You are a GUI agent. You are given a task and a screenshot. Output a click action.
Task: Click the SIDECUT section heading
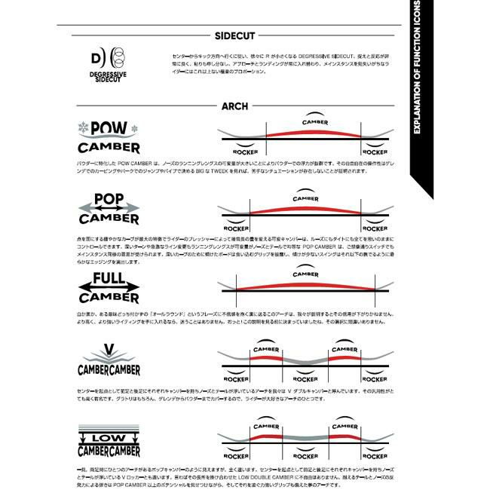(x=235, y=35)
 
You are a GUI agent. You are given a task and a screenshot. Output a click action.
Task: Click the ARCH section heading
(x=234, y=106)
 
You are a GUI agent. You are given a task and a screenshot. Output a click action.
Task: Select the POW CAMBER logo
(x=109, y=136)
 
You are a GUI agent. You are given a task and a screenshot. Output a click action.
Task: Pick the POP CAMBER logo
(x=109, y=210)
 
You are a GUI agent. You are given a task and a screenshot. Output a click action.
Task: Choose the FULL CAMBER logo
(x=109, y=288)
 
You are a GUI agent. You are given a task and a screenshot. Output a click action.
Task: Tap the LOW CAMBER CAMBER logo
(x=109, y=443)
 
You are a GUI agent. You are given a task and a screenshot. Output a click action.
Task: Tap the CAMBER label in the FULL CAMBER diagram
(x=305, y=275)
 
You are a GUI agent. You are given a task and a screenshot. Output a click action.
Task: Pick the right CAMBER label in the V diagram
(x=345, y=350)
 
